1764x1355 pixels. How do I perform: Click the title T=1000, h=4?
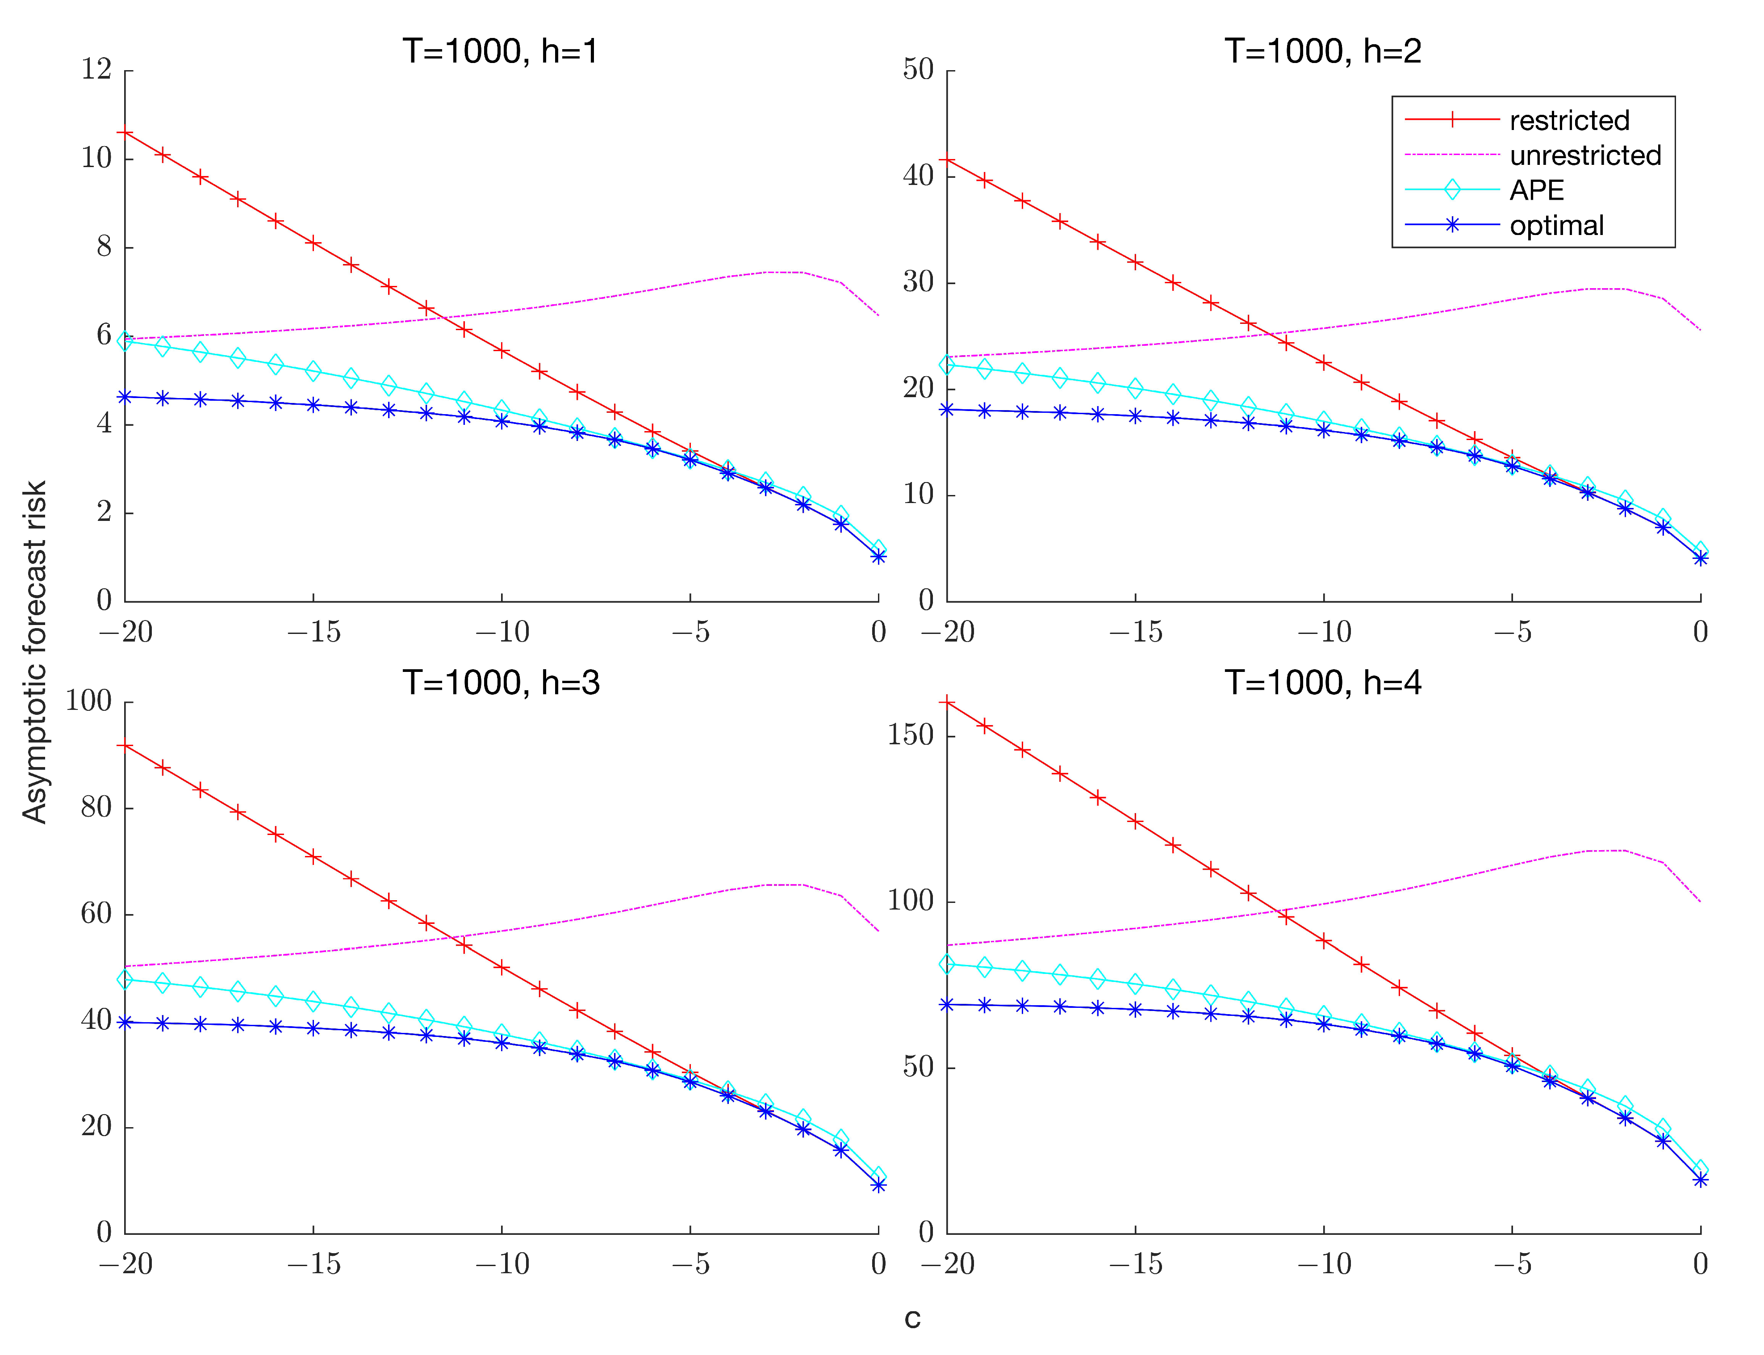coord(1322,683)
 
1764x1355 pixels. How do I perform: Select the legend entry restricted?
coord(1569,120)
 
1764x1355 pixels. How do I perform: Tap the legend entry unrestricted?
coord(1585,155)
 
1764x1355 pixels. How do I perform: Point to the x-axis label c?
coord(912,1318)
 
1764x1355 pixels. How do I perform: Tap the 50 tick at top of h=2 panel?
coord(918,69)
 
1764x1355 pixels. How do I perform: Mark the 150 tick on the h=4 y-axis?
coord(910,735)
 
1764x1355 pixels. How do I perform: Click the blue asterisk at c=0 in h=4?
coord(1700,1180)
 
